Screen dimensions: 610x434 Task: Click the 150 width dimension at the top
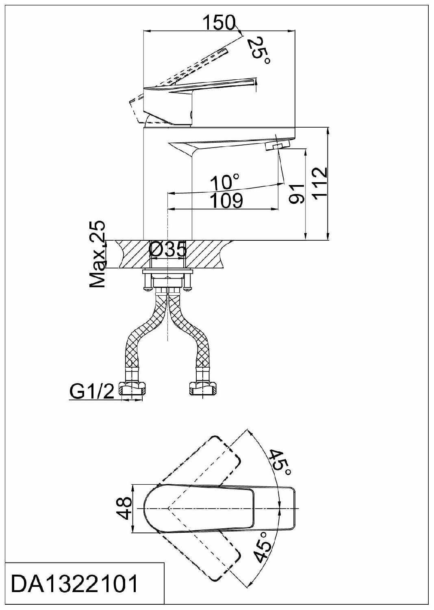coord(219,23)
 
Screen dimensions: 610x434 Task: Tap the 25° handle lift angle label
coord(259,49)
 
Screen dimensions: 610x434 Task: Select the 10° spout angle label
coord(224,182)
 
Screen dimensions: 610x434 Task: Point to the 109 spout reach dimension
coord(226,200)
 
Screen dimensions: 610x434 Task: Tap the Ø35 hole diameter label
coord(168,249)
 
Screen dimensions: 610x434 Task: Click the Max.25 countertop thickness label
coord(98,255)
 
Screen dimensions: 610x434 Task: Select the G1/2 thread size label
coord(92,392)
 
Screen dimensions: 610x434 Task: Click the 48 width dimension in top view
coord(126,508)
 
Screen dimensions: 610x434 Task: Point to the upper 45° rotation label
coord(280,462)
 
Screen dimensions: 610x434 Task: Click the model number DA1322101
coord(74,584)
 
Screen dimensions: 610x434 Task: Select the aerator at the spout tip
coord(278,144)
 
